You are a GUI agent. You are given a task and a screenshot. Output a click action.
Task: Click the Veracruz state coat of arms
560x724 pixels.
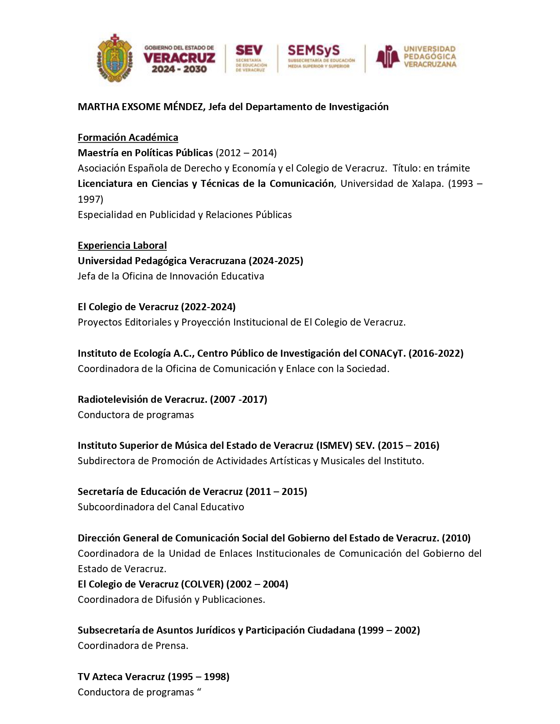click(x=115, y=57)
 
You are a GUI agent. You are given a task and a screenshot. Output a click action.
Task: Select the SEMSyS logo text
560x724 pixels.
click(x=314, y=50)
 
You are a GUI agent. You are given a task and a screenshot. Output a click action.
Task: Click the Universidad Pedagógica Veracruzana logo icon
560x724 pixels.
click(x=387, y=57)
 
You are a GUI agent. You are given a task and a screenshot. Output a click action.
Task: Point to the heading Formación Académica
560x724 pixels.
click(x=128, y=137)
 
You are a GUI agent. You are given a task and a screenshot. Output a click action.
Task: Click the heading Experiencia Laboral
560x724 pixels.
click(x=122, y=245)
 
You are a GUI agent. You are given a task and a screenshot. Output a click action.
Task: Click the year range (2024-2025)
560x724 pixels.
click(x=276, y=261)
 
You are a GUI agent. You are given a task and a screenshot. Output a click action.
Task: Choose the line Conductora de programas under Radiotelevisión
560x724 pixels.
click(x=136, y=415)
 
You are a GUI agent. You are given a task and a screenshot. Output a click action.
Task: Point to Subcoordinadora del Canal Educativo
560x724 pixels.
click(x=161, y=507)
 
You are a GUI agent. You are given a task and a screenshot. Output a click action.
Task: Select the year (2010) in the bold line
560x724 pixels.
click(x=456, y=538)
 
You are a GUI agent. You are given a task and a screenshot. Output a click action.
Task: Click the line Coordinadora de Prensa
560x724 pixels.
click(x=133, y=645)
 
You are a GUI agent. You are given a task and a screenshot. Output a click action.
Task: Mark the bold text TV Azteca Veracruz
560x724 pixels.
click(x=121, y=677)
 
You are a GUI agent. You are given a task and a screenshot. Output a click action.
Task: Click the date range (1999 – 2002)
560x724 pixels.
click(x=389, y=630)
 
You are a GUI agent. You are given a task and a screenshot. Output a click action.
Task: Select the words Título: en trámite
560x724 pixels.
click(x=431, y=168)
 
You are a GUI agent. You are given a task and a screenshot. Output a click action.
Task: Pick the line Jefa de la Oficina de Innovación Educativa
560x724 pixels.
click(x=171, y=276)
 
